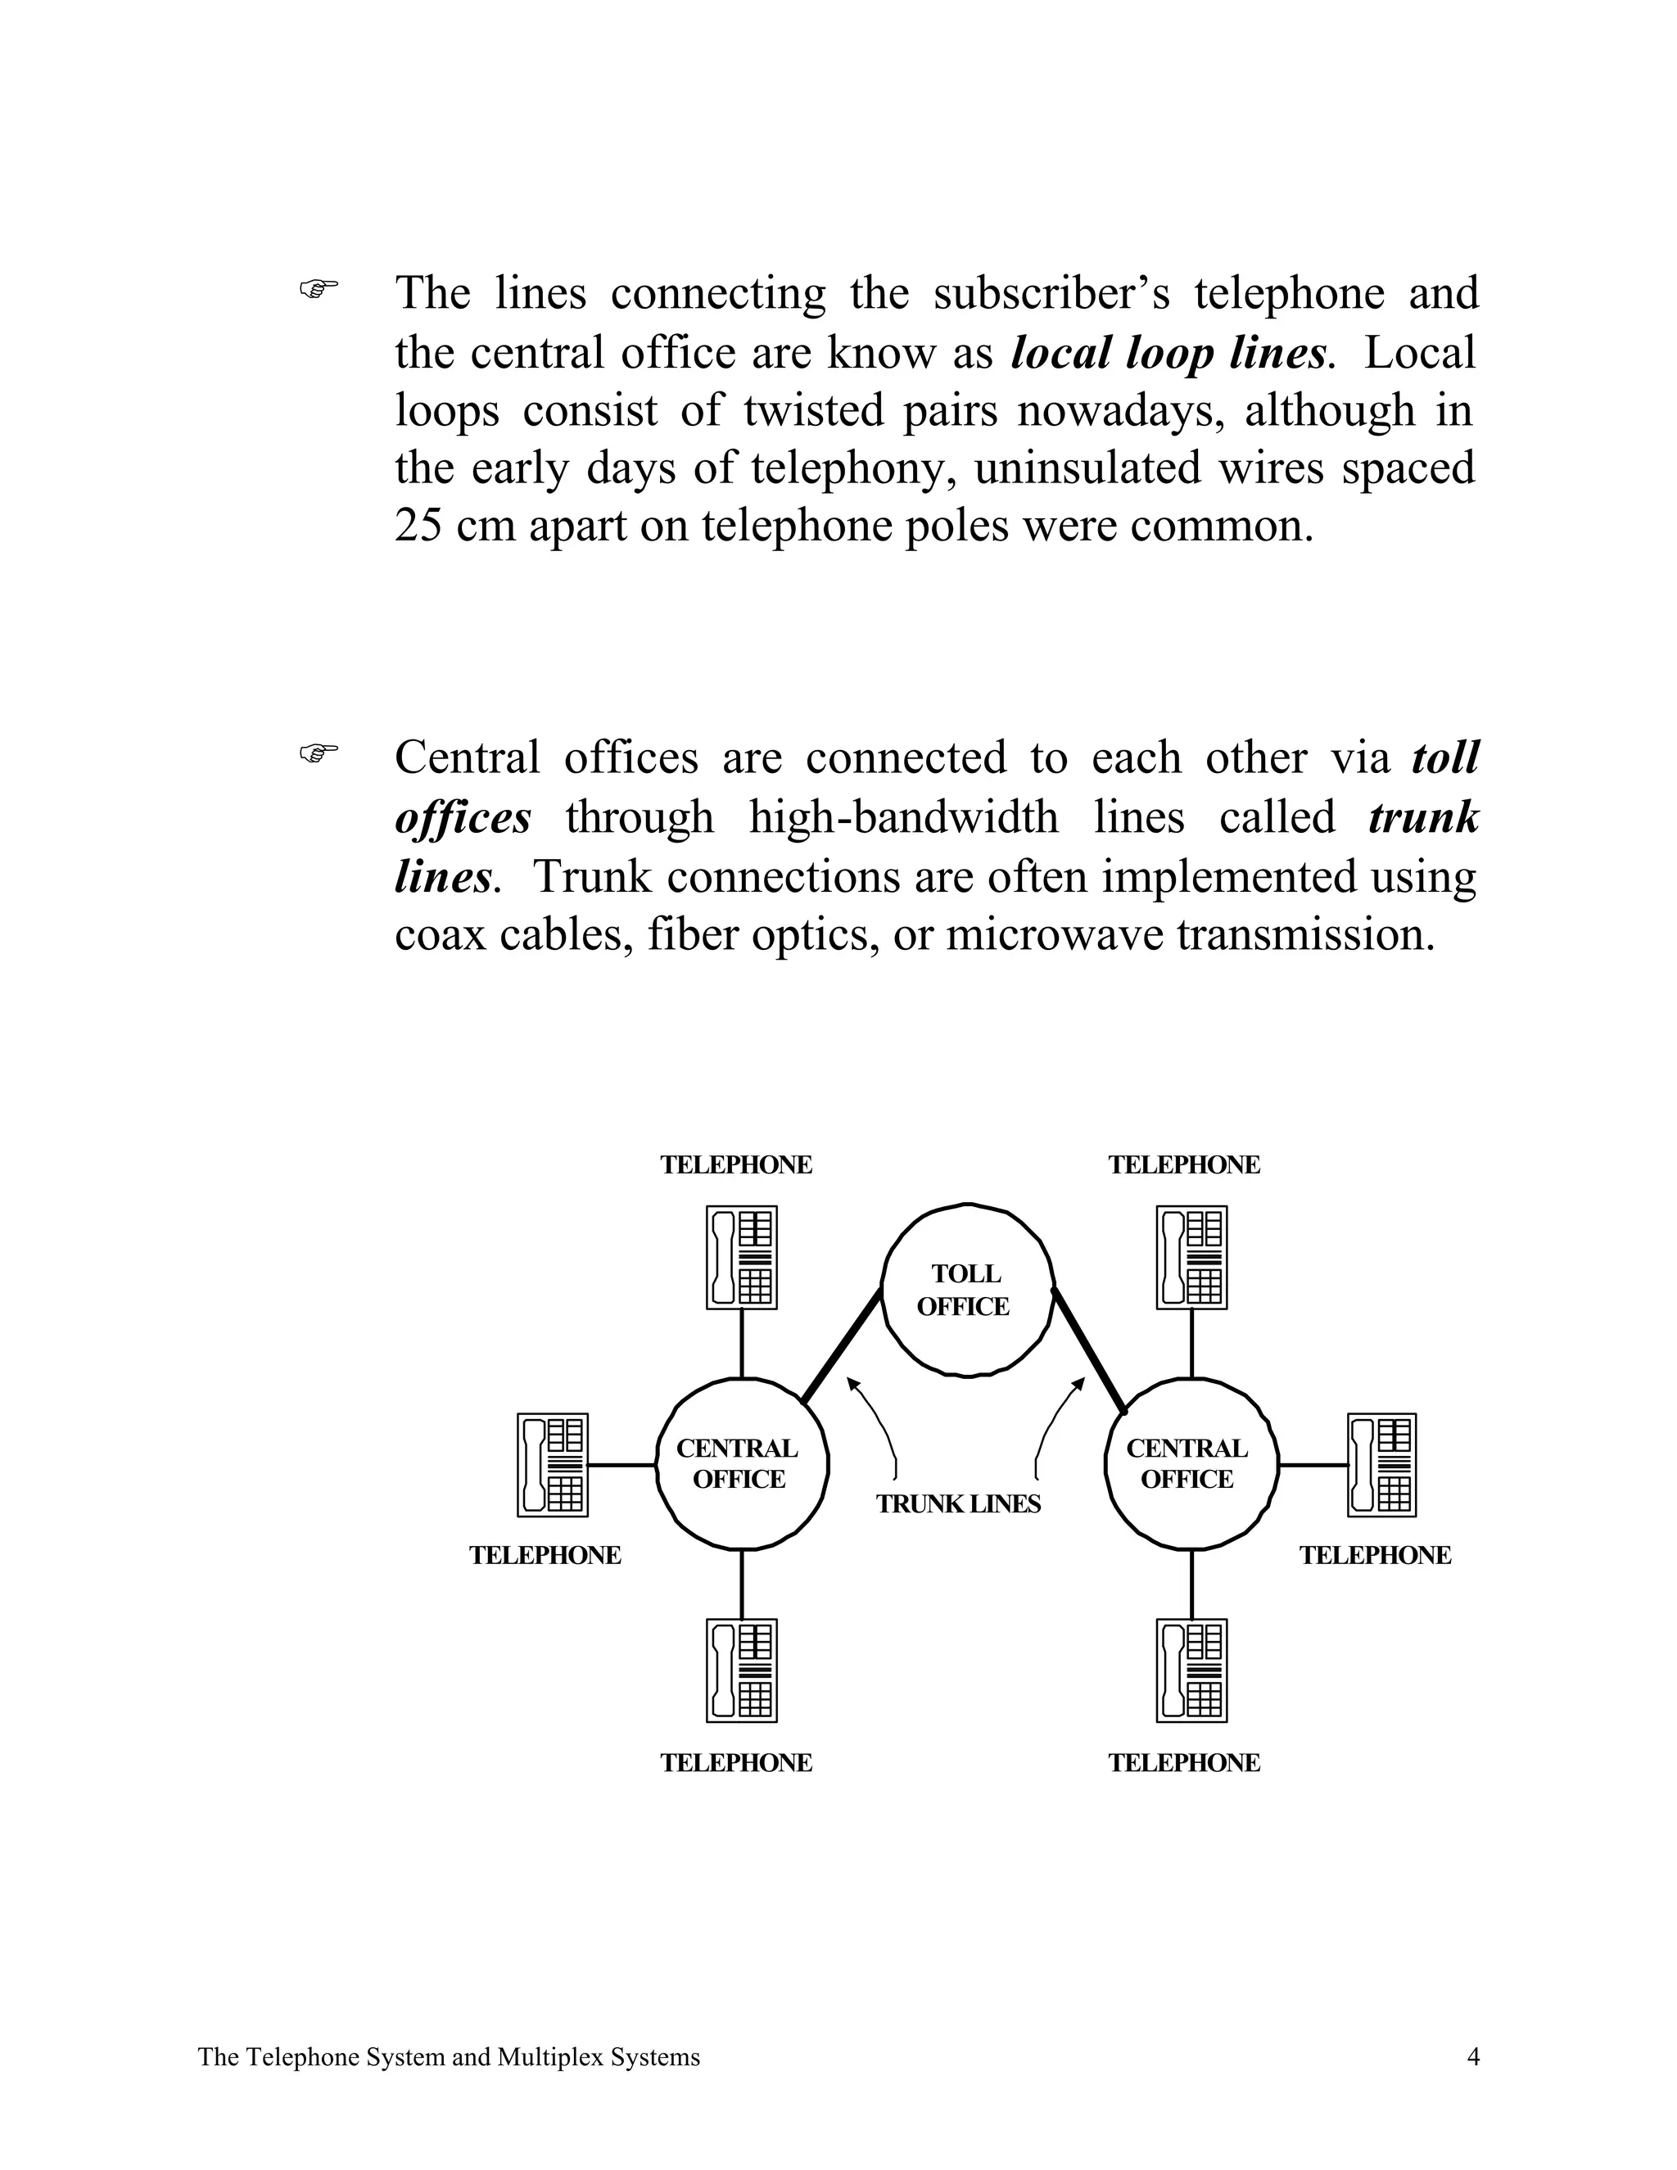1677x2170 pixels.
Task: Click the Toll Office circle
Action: [967, 1290]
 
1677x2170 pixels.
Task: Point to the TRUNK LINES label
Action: [958, 1503]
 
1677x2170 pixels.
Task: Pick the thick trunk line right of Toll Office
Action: [1089, 1349]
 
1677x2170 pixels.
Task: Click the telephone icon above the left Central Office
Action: [741, 1257]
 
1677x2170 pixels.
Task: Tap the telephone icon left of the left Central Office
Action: [553, 1465]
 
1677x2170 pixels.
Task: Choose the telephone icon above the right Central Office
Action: [1191, 1257]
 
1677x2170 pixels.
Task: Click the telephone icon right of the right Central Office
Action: [1381, 1465]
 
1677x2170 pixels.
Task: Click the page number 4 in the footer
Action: [1473, 2057]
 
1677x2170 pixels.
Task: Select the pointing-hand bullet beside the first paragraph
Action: [319, 289]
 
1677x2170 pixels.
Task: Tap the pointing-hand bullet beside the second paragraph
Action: [319, 753]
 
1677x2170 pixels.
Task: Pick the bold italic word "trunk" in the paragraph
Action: [1422, 818]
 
